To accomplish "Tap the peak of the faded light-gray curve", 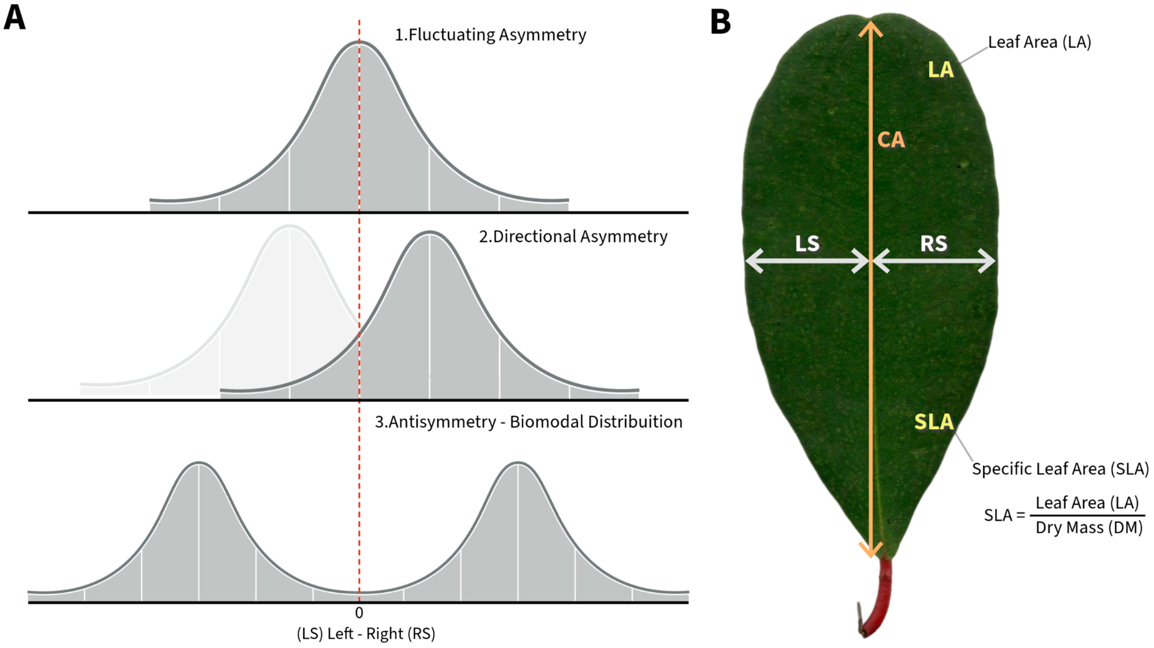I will coord(289,227).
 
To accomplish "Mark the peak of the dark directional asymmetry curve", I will coord(429,233).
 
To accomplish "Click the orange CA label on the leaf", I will coord(890,140).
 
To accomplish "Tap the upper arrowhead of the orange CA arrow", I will coord(870,28).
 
